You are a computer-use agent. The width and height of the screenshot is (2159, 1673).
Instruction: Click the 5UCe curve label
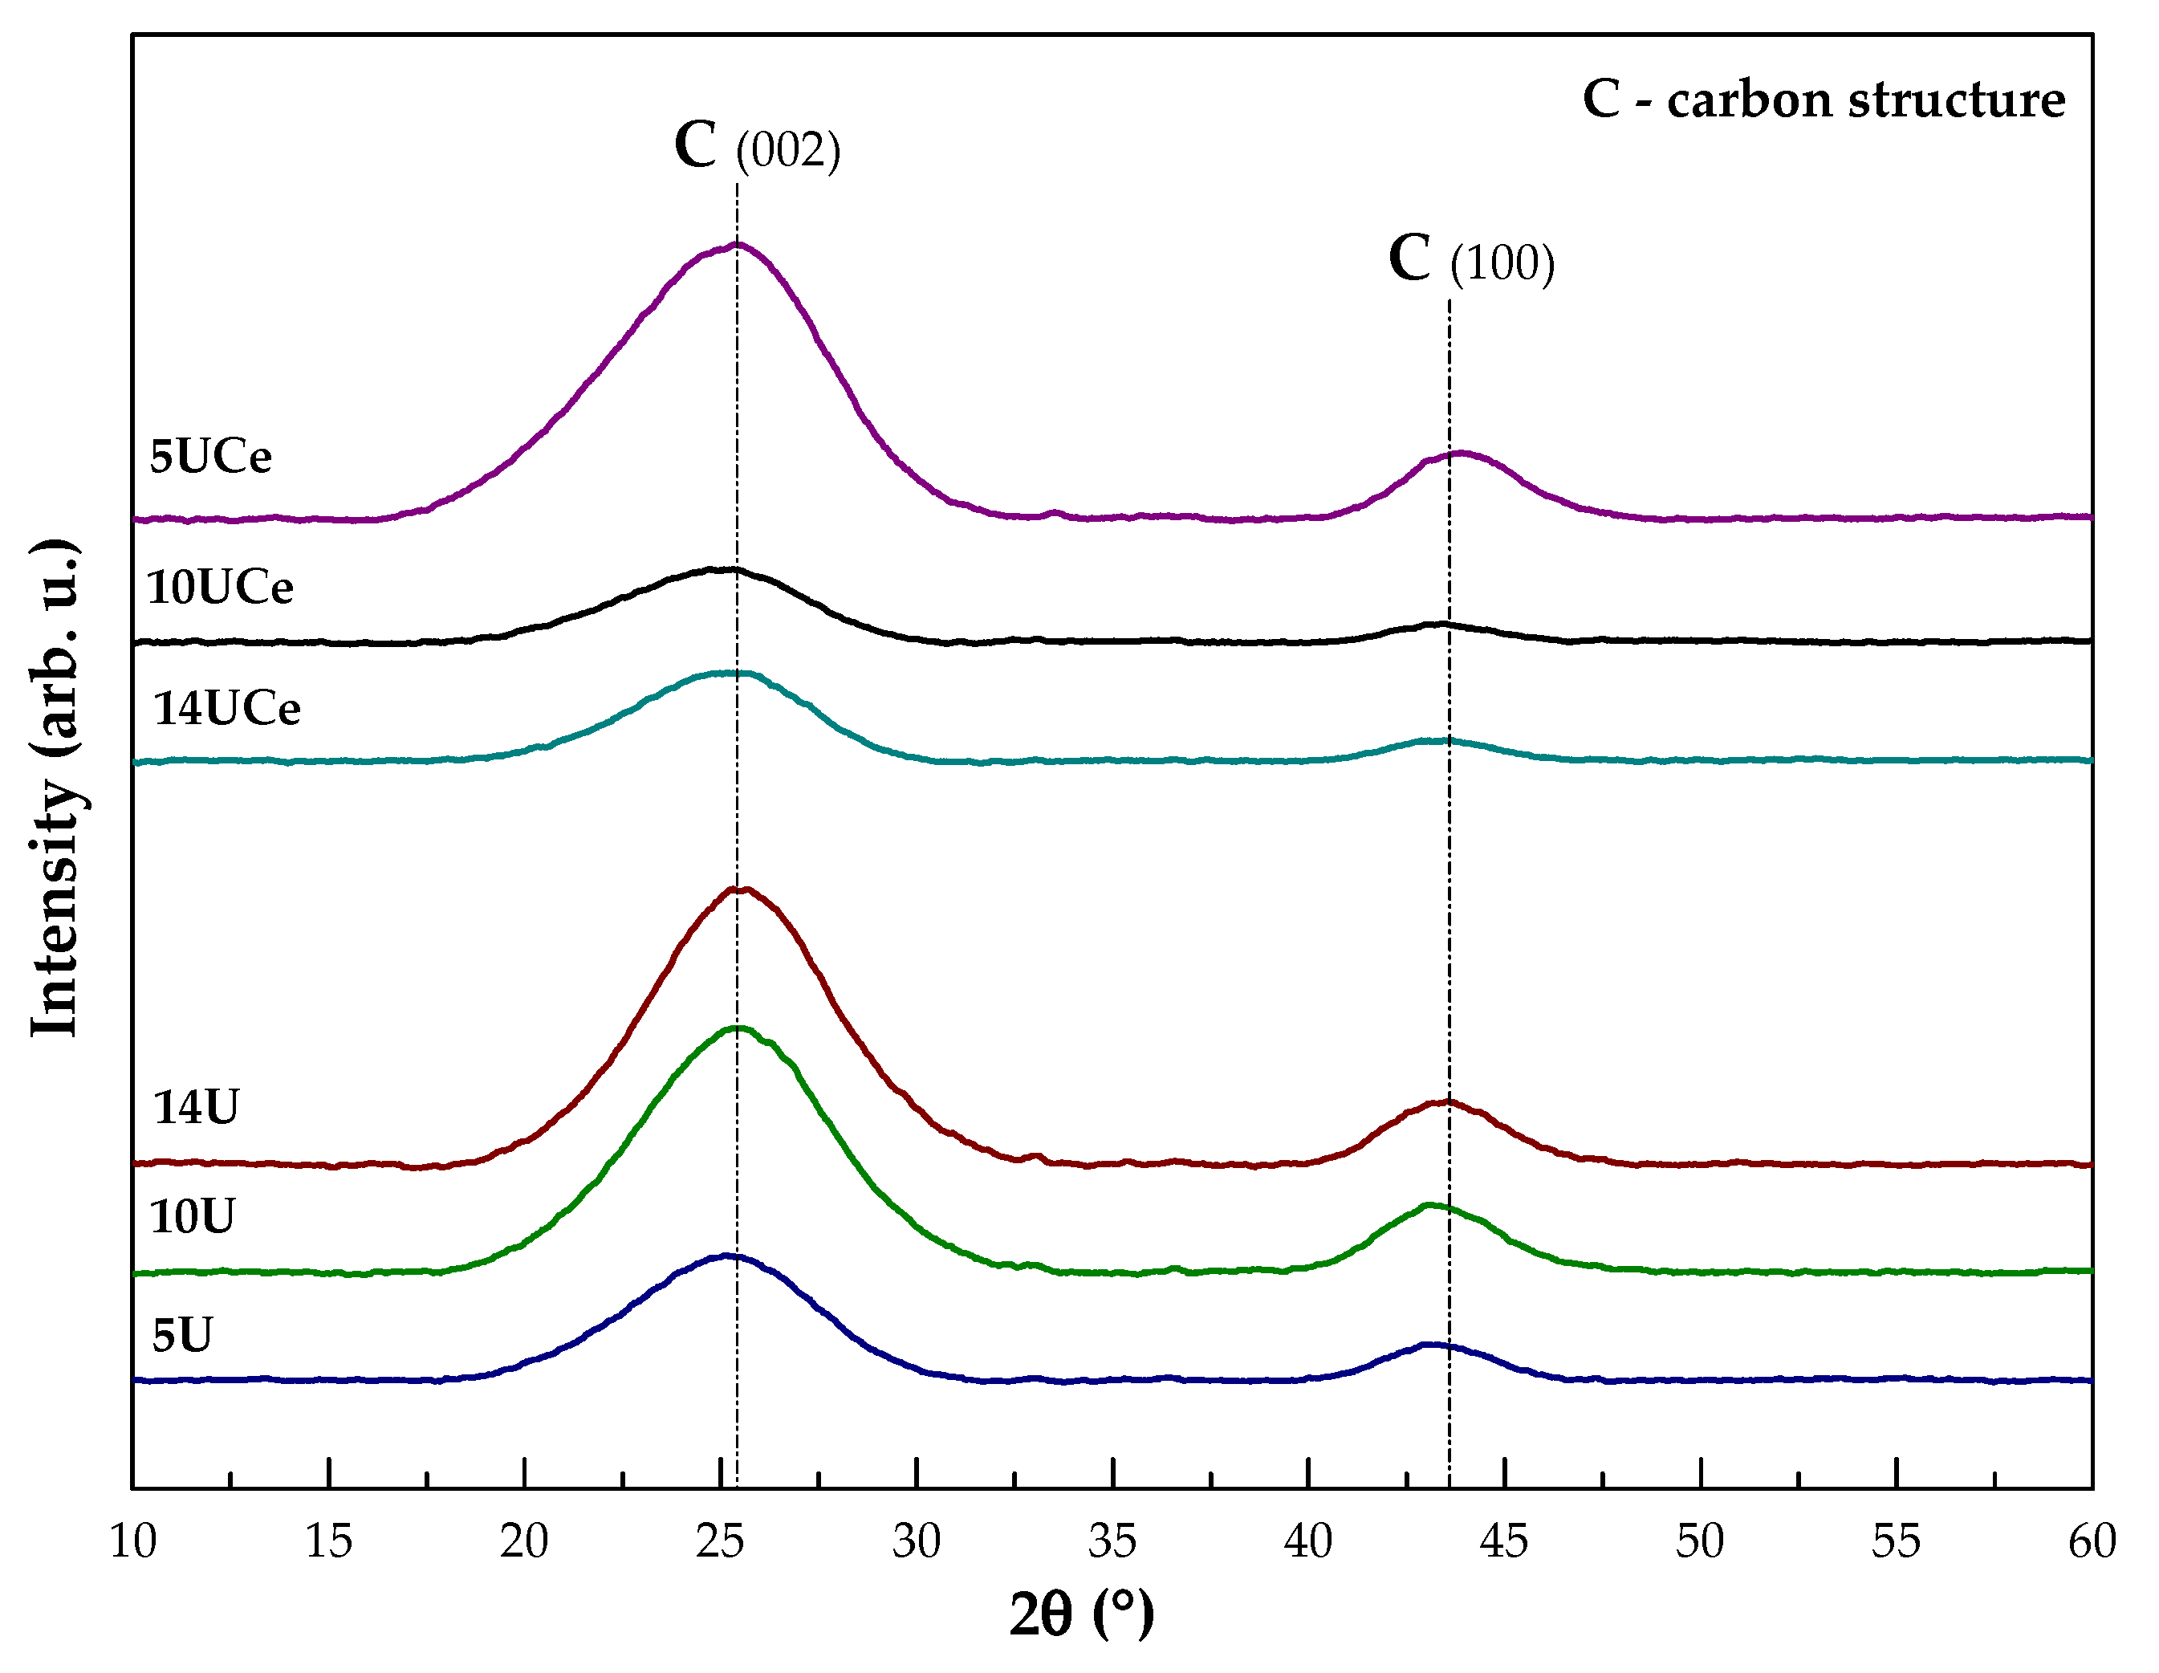pyautogui.click(x=210, y=457)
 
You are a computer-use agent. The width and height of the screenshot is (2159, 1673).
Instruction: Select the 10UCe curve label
pyautogui.click(x=219, y=588)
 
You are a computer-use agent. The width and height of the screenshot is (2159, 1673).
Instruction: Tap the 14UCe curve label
pyautogui.click(x=226, y=709)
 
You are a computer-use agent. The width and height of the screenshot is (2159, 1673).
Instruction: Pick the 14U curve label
pyautogui.click(x=196, y=1107)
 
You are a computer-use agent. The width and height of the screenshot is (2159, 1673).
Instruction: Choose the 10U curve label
pyautogui.click(x=193, y=1216)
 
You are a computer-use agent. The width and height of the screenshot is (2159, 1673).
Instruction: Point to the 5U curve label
pyautogui.click(x=183, y=1336)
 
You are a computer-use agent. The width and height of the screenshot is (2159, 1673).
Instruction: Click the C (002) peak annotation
pyautogui.click(x=757, y=146)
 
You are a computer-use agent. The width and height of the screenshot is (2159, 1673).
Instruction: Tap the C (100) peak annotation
pyautogui.click(x=1471, y=260)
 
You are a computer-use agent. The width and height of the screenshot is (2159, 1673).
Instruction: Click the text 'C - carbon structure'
pyautogui.click(x=1824, y=99)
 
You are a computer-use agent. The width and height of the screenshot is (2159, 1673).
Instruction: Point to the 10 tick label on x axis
pyautogui.click(x=132, y=1541)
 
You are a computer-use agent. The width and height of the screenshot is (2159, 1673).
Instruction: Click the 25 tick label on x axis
pyautogui.click(x=720, y=1541)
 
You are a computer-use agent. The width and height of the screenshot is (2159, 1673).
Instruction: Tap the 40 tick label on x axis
pyautogui.click(x=1308, y=1541)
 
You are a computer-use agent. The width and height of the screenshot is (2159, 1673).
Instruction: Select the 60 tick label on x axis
pyautogui.click(x=2091, y=1541)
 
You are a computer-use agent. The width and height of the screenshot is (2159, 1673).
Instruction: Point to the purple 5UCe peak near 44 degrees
pyautogui.click(x=1461, y=453)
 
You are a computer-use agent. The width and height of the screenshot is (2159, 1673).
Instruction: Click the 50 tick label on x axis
pyautogui.click(x=1699, y=1541)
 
